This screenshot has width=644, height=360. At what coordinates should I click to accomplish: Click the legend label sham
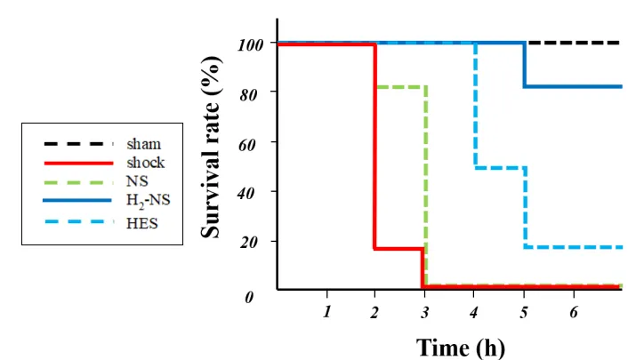click(x=143, y=143)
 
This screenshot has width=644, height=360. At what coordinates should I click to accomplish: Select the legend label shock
click(x=146, y=163)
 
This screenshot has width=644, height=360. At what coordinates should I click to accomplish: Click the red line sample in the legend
click(x=78, y=163)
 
